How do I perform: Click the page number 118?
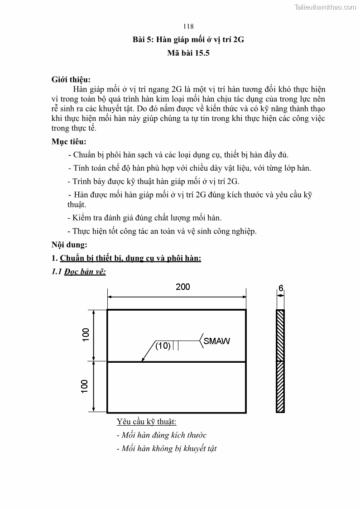pyautogui.click(x=188, y=26)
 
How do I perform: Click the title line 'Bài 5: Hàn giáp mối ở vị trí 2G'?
pyautogui.click(x=188, y=39)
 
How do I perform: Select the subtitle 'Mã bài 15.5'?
pyautogui.click(x=188, y=53)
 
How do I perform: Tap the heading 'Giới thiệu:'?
pyautogui.click(x=71, y=80)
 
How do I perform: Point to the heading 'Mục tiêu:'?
pyautogui.click(x=69, y=141)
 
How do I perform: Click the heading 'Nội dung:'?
pyautogui.click(x=69, y=245)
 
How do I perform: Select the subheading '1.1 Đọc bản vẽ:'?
pyautogui.click(x=79, y=272)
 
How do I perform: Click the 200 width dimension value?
pyautogui.click(x=182, y=287)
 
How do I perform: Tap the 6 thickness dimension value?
pyautogui.click(x=281, y=288)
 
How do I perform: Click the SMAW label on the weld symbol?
pyautogui.click(x=216, y=341)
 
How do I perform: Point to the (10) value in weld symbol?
pyautogui.click(x=163, y=346)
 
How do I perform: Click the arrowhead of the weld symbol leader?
pyautogui.click(x=143, y=360)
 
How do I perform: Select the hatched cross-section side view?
pyautogui.click(x=280, y=361)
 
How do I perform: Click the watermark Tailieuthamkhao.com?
pyautogui.click(x=325, y=7)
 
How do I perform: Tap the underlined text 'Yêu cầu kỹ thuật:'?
pyautogui.click(x=146, y=422)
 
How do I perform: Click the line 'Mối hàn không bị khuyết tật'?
pyautogui.click(x=166, y=449)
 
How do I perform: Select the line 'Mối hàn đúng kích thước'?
pyautogui.click(x=161, y=435)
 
